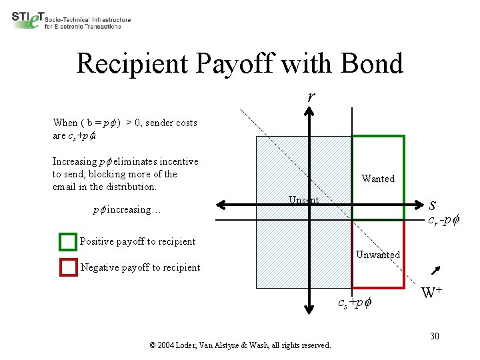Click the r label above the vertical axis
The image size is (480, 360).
click(311, 97)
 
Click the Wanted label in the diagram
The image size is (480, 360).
click(378, 179)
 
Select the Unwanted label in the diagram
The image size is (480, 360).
click(378, 255)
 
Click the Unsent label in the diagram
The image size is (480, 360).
click(304, 200)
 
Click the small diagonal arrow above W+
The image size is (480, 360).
click(438, 269)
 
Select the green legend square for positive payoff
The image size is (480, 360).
click(68, 241)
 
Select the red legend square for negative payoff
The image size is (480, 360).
click(68, 267)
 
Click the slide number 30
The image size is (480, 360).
click(434, 335)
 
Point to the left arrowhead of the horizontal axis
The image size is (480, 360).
click(226, 204)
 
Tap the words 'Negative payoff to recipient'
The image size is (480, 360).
click(140, 267)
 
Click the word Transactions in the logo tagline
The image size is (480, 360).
click(101, 26)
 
